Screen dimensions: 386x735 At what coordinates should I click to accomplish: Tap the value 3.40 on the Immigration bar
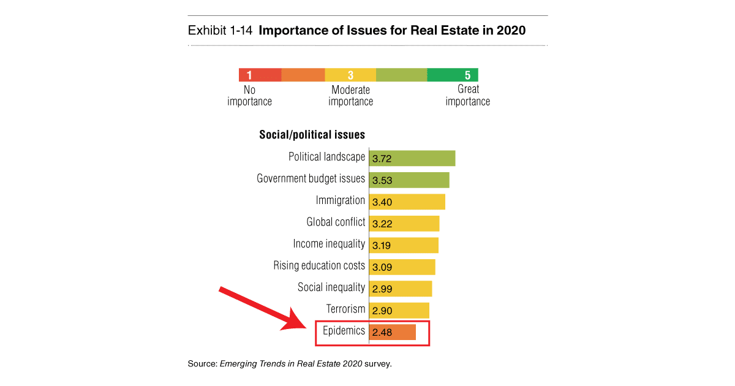[x=382, y=202]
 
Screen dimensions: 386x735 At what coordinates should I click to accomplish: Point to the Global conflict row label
[x=336, y=222]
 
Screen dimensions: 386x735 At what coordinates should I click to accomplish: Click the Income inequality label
[x=329, y=244]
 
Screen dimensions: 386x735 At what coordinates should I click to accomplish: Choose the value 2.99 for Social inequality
[x=382, y=289]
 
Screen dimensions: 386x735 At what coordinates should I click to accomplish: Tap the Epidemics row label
[x=344, y=331]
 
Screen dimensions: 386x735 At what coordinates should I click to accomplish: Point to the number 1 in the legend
[x=249, y=75]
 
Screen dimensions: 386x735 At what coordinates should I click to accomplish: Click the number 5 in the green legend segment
[x=467, y=75]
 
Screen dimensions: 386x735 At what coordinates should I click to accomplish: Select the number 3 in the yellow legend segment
[x=350, y=75]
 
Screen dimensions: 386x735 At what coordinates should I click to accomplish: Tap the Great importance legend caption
[x=467, y=96]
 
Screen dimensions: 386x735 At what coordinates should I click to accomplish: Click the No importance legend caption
[x=249, y=96]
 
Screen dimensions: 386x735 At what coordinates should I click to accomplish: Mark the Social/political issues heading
[x=312, y=135]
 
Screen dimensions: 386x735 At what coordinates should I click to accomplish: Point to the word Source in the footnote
[x=201, y=364]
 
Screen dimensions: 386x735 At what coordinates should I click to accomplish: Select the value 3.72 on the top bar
[x=382, y=159]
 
